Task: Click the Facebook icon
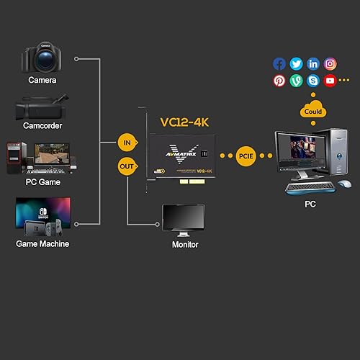click(279, 64)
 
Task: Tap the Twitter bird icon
click(296, 64)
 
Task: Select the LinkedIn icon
click(313, 64)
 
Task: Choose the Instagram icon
click(330, 64)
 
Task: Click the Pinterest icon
click(279, 81)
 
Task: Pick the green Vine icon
click(296, 81)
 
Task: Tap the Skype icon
click(313, 81)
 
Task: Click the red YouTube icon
click(330, 81)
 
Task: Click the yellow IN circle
click(127, 143)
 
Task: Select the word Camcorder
click(42, 126)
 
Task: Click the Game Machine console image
click(42, 217)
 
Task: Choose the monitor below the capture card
click(183, 220)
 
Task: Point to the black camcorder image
click(42, 107)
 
